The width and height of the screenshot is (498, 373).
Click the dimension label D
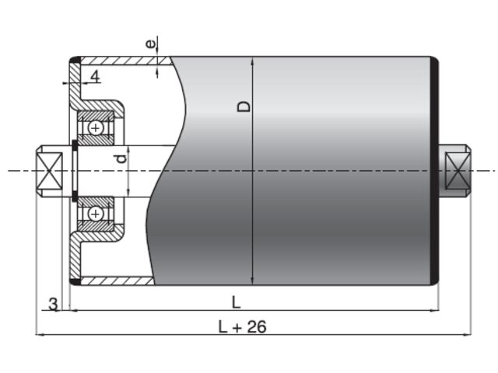[244, 106]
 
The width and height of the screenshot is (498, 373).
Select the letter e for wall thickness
[151, 44]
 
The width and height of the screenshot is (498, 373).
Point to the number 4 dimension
[95, 76]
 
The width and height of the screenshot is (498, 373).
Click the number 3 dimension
[54, 304]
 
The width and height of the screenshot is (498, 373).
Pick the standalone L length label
[236, 302]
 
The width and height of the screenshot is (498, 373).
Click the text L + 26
[242, 326]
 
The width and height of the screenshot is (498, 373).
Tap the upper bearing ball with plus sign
[95, 128]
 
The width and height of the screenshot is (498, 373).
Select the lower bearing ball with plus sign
[95, 214]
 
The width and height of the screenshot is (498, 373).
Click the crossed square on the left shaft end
[49, 171]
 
